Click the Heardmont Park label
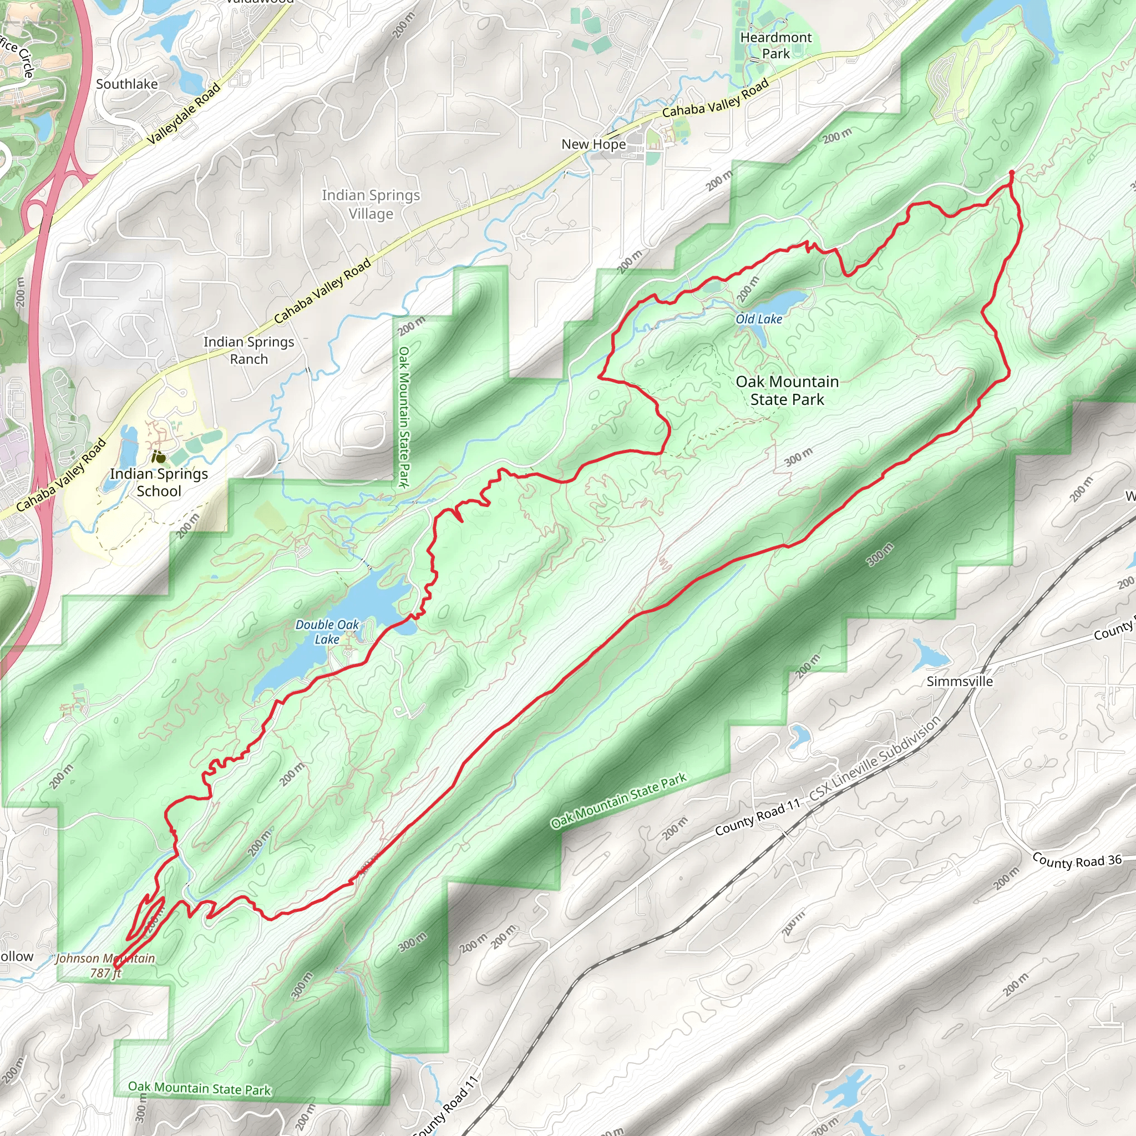[775, 45]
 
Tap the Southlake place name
[127, 84]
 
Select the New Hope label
[594, 144]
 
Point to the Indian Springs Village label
[371, 204]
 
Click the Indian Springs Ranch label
[248, 350]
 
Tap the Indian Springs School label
[159, 482]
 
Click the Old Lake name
[758, 319]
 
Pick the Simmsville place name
[960, 681]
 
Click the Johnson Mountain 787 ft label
[106, 966]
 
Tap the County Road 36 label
[1077, 861]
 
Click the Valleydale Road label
[183, 114]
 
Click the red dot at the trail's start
[1011, 173]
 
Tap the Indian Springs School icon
[158, 457]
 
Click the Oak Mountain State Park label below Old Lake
[787, 390]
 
